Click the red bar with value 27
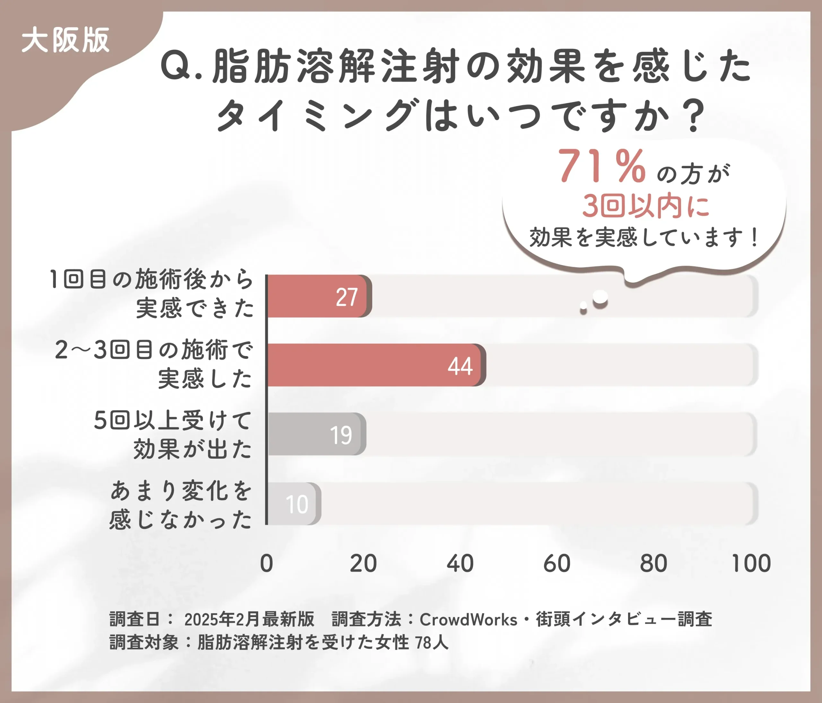point(319,296)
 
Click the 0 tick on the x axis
point(267,563)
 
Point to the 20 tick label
point(363,563)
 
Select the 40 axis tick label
point(460,563)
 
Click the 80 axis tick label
point(653,563)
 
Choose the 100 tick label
point(751,563)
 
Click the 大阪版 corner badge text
point(66,40)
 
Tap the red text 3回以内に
point(645,206)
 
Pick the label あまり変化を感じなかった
point(180,505)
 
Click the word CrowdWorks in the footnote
point(468,619)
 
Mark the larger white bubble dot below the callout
point(600,297)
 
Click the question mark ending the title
point(694,116)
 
